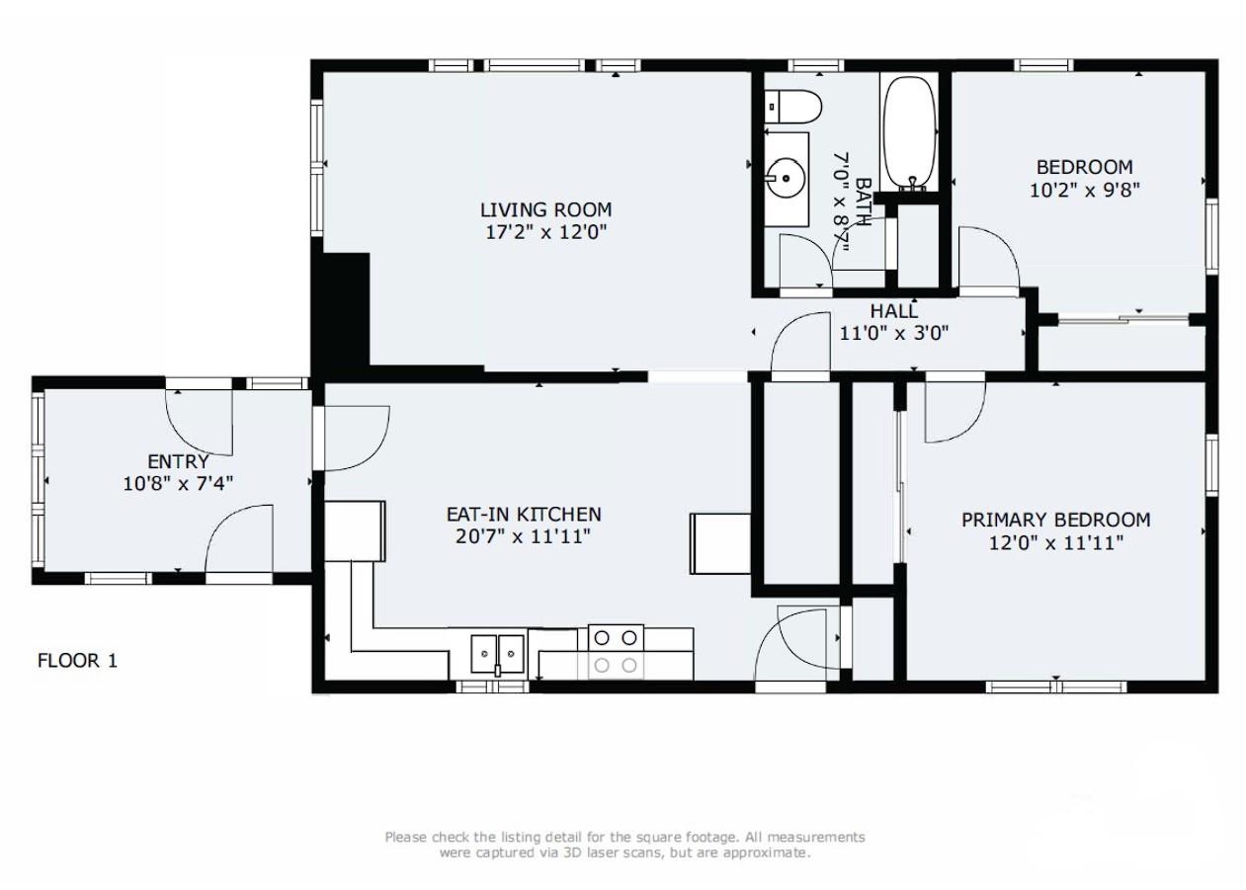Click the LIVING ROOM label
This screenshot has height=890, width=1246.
point(545,209)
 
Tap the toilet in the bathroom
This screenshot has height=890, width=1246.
point(792,108)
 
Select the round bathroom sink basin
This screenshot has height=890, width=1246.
point(785,179)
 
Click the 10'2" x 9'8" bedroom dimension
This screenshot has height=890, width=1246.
point(1084,191)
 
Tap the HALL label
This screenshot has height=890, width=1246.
point(894,310)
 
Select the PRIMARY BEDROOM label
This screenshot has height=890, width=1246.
point(1055,520)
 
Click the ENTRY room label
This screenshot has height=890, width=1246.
point(178,461)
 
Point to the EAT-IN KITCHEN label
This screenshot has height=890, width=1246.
point(524,515)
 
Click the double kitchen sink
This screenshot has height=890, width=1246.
point(498,654)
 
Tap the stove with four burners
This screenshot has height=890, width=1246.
point(616,652)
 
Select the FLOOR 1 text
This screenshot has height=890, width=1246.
point(77,661)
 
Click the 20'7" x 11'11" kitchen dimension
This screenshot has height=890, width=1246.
point(523,537)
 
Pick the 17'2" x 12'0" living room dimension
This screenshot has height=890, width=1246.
point(545,232)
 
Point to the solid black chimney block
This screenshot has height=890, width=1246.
point(341,310)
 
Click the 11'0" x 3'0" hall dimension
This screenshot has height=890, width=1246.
point(894,333)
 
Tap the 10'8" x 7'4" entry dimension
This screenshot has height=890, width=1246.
point(178,484)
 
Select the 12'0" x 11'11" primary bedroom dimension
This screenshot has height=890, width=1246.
point(1055,542)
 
